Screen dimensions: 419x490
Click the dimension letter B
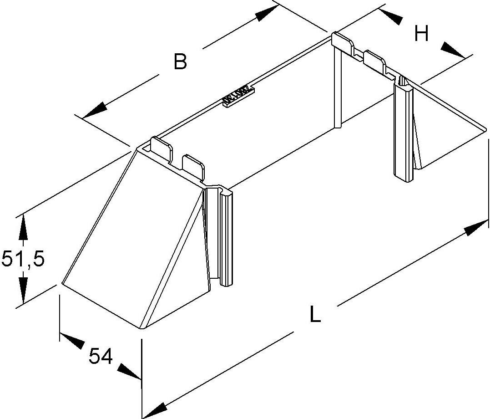181,61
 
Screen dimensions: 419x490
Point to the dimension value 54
101,357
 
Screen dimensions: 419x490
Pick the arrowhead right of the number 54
129,370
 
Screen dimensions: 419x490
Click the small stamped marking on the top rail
238,96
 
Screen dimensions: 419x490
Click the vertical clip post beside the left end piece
226,237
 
